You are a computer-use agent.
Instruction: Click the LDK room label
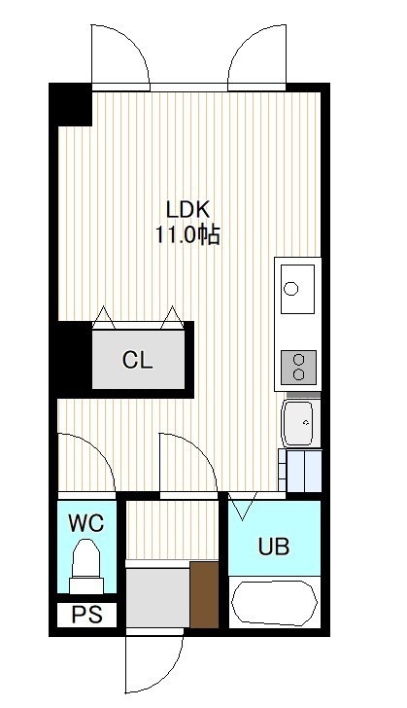click(187, 210)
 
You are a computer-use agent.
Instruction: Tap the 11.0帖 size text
click(187, 235)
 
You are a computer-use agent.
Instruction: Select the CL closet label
click(138, 360)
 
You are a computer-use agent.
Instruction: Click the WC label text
click(86, 523)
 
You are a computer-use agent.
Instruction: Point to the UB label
click(274, 547)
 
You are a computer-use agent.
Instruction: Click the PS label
click(87, 615)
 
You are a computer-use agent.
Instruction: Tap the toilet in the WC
click(86, 566)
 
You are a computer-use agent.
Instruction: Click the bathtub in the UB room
click(274, 602)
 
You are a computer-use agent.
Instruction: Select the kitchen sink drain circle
click(291, 288)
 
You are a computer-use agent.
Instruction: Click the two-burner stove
click(298, 367)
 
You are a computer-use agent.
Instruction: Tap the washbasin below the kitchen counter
click(298, 423)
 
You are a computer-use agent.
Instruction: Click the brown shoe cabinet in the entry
click(204, 594)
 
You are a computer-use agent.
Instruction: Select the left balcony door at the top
click(120, 54)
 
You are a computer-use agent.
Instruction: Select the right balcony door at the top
click(256, 54)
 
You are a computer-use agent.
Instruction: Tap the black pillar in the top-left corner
click(71, 105)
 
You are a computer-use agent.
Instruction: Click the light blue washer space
click(304, 471)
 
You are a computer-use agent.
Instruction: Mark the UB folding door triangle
click(242, 506)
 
